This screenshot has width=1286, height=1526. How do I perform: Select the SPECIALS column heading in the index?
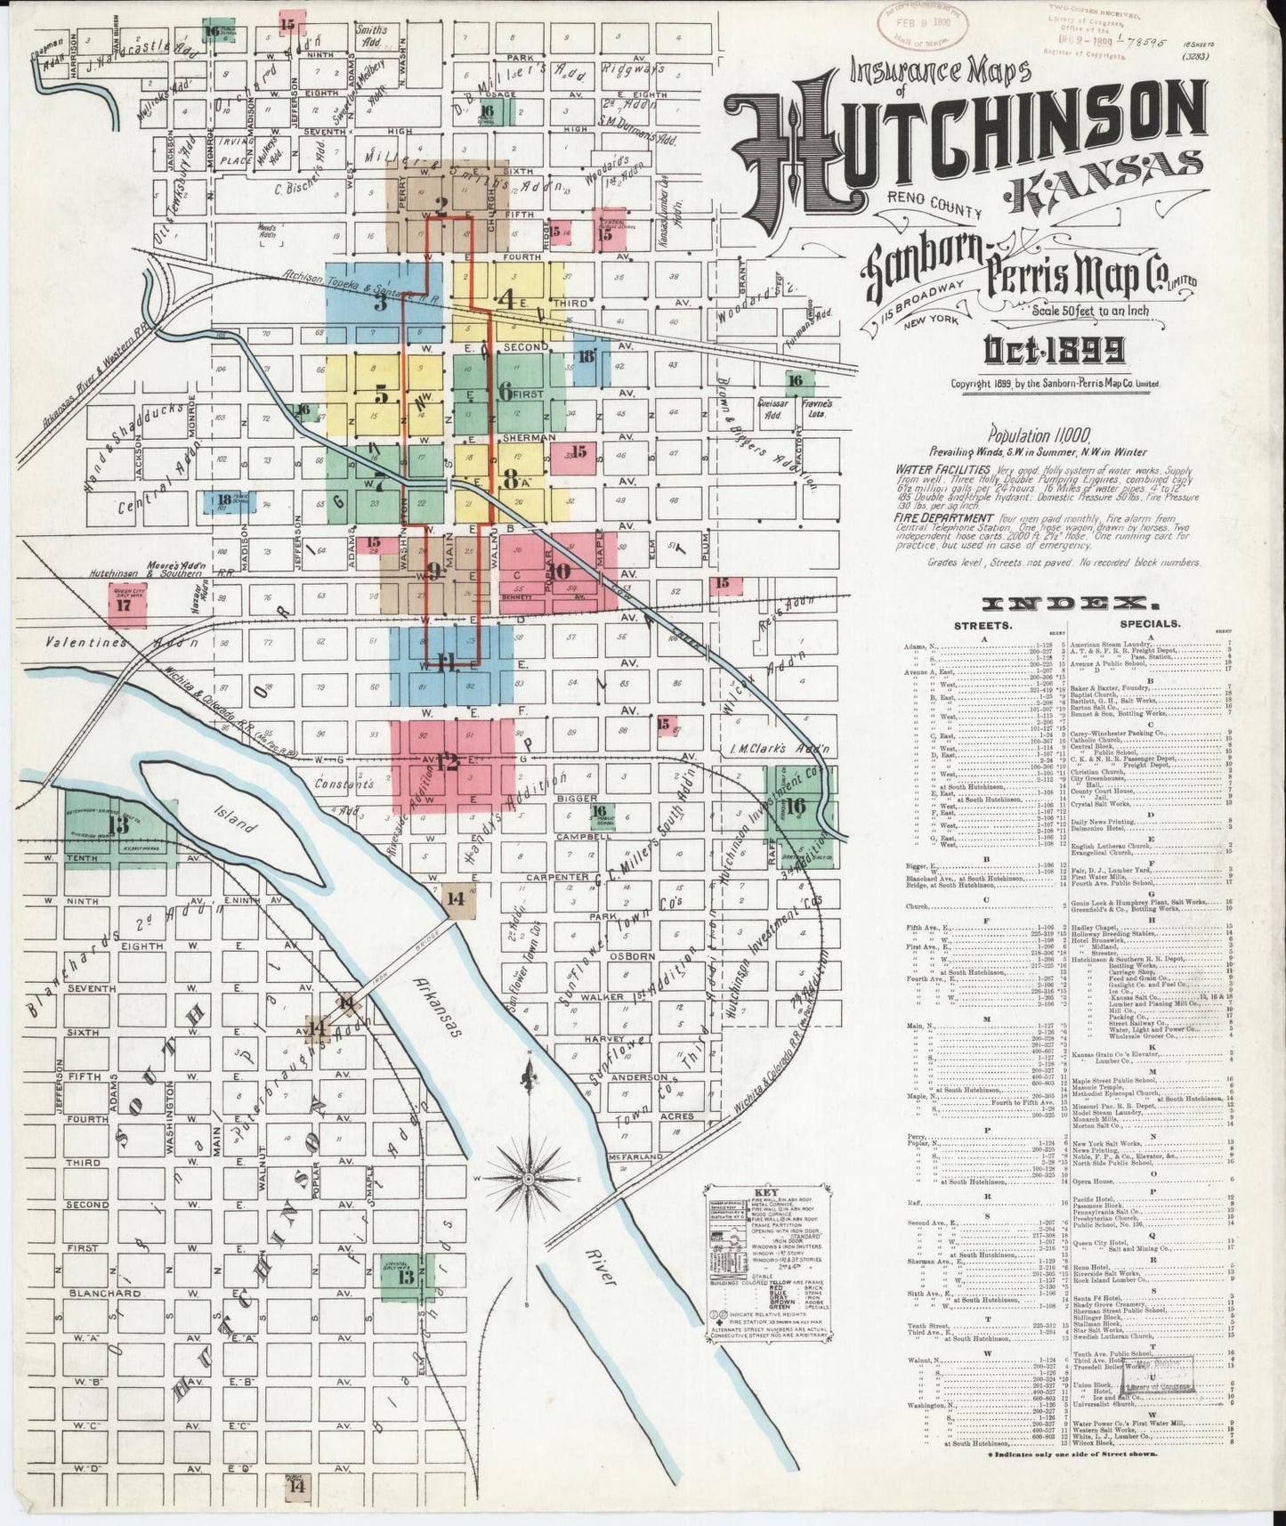click(x=1150, y=625)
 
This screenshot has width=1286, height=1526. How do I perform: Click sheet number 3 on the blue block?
click(x=380, y=303)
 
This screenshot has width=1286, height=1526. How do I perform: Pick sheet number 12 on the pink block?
click(x=448, y=762)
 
